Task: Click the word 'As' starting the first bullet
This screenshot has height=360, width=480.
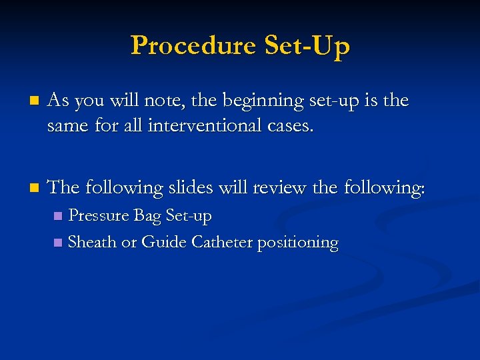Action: click(x=59, y=101)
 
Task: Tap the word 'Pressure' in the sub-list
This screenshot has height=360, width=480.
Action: click(x=99, y=216)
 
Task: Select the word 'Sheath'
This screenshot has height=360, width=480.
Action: click(x=92, y=242)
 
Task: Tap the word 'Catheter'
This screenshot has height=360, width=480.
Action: click(x=222, y=242)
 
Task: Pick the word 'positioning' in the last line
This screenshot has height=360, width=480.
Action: click(x=299, y=243)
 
